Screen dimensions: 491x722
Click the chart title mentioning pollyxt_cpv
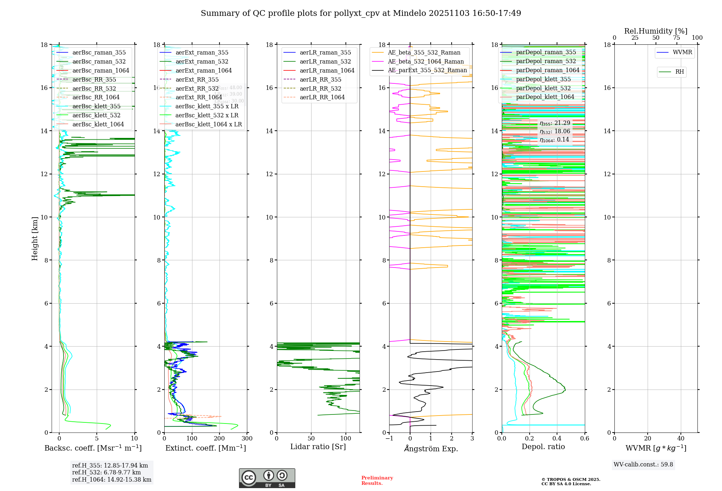(361, 13)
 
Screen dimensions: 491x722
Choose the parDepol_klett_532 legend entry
(543, 88)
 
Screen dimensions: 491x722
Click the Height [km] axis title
(35, 238)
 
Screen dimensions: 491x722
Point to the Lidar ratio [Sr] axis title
(318, 447)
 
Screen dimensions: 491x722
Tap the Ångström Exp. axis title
(431, 448)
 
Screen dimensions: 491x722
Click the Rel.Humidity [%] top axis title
(656, 31)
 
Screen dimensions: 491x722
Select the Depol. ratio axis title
(543, 447)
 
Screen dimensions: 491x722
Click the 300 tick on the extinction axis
(247, 439)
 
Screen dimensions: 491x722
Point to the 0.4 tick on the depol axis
(557, 439)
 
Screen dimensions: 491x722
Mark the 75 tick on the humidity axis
(676, 38)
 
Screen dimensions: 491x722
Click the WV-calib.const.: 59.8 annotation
(643, 465)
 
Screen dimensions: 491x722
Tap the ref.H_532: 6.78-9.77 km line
(106, 472)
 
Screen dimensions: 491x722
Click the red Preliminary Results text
(377, 481)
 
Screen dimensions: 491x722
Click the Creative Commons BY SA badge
(267, 478)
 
